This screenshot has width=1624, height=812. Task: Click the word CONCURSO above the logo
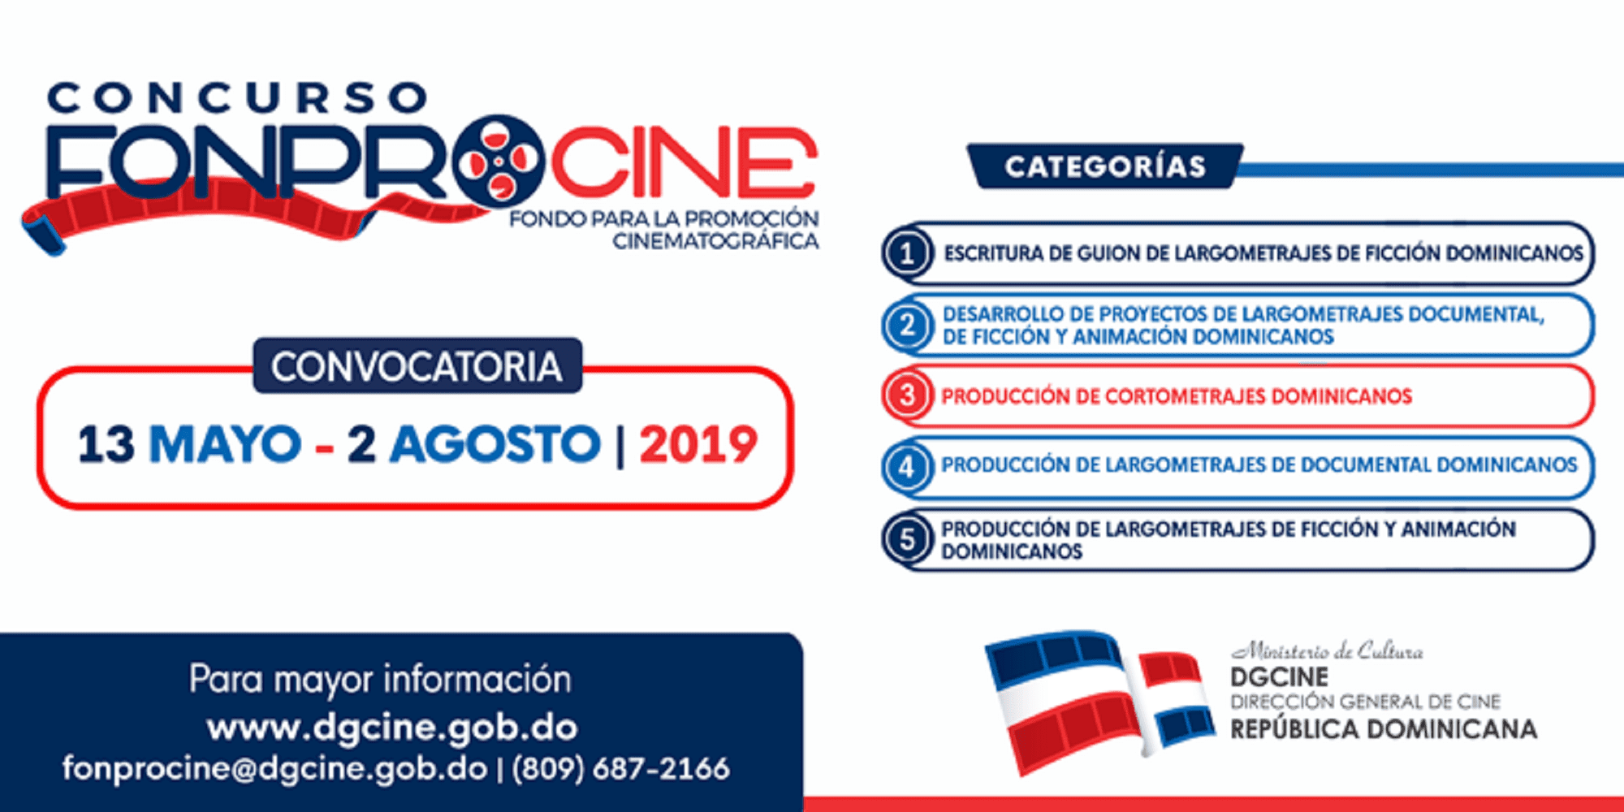[237, 98]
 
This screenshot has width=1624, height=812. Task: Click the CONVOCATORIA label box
[417, 366]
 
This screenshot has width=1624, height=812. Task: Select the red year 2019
[698, 444]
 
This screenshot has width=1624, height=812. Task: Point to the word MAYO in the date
[225, 444]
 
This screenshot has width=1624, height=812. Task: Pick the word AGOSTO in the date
[495, 444]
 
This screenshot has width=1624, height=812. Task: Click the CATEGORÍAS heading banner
[1105, 166]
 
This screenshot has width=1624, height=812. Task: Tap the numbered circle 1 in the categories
[907, 253]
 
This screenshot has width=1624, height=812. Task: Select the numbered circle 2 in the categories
[907, 326]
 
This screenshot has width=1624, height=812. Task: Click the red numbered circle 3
[907, 396]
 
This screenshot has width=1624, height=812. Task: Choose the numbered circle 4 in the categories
[907, 467]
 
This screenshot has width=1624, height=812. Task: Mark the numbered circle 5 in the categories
[907, 539]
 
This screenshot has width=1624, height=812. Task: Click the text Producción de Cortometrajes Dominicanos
[1177, 396]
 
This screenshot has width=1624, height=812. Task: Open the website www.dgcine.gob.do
[392, 728]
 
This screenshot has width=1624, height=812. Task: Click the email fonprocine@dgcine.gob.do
[275, 768]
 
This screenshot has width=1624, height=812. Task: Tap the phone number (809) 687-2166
[620, 768]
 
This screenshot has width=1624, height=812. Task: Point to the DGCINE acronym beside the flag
[1280, 677]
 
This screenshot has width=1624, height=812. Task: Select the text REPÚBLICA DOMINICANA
[1384, 729]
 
